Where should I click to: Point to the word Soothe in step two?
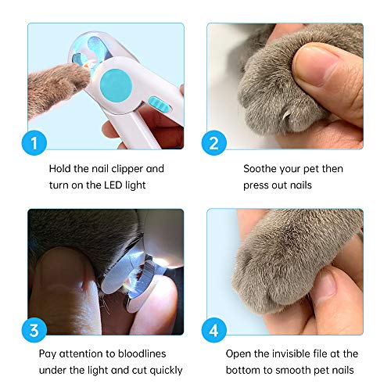[262, 168]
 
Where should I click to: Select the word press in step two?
[258, 185]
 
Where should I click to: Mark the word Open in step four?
[239, 353]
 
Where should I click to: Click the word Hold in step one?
[59, 168]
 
